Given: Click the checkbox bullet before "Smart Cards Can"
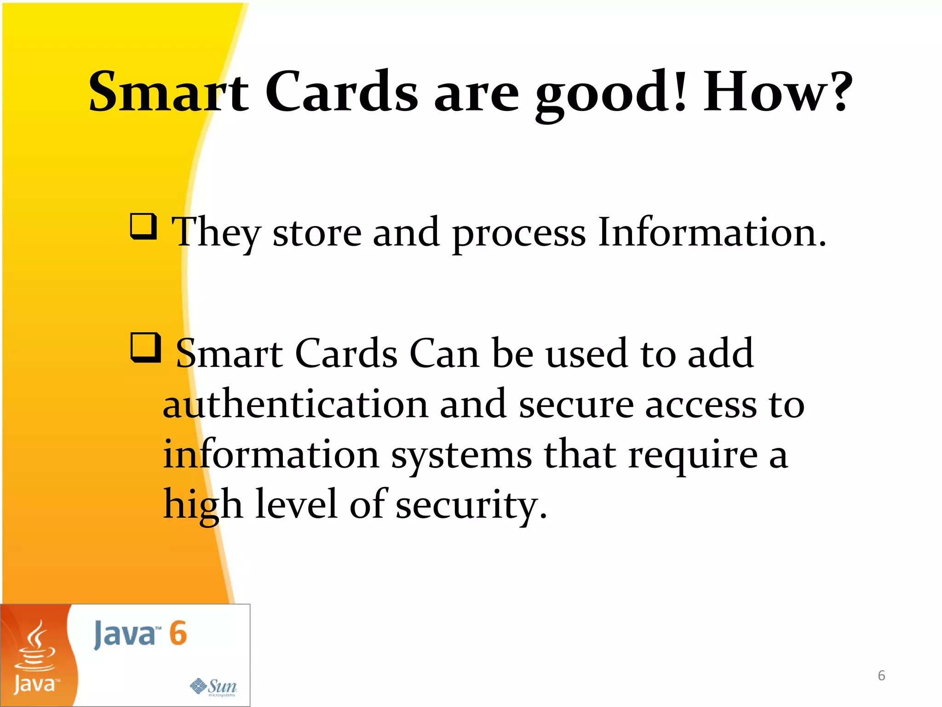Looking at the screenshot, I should [x=146, y=348].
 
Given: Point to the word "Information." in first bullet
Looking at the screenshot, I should [x=712, y=232].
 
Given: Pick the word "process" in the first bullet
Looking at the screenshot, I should [x=519, y=235].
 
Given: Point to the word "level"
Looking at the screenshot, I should [x=296, y=504].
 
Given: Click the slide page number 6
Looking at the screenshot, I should [x=881, y=676].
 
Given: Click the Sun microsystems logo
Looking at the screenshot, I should [x=214, y=687].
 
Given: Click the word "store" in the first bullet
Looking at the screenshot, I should [x=317, y=233].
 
